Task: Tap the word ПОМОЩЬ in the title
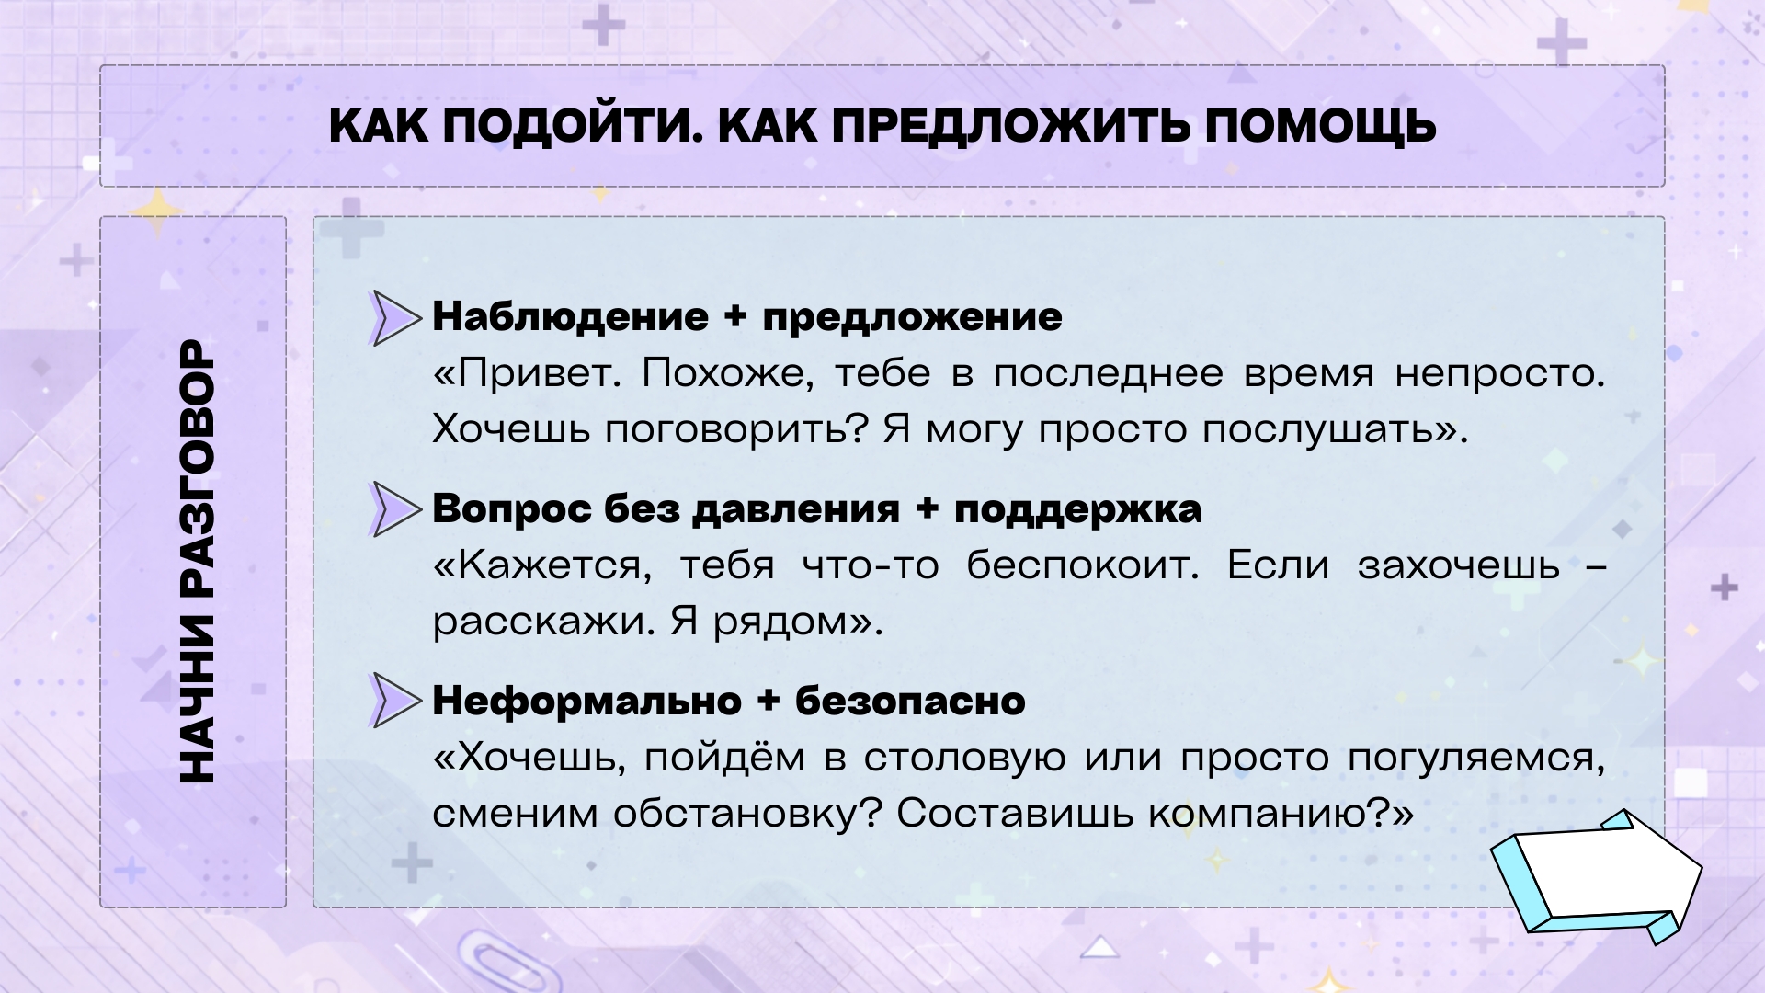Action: coord(1321,127)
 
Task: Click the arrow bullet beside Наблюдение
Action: coord(395,317)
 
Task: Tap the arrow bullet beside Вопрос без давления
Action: coord(395,508)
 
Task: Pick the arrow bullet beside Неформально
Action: coord(395,701)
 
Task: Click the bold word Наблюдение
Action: coord(570,317)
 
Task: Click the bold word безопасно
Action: coord(910,701)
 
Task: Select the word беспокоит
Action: coord(1083,565)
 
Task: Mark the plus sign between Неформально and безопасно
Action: coord(769,702)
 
